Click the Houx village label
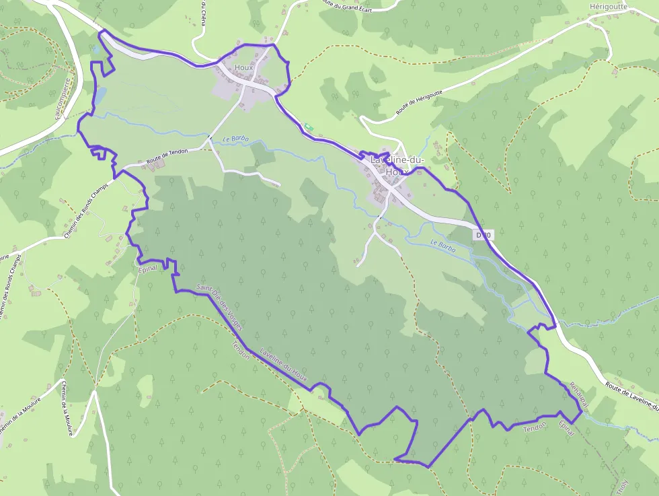click(x=243, y=67)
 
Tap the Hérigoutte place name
click(x=608, y=6)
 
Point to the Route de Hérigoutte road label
click(x=420, y=102)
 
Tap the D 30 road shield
click(x=483, y=235)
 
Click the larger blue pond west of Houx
click(x=99, y=96)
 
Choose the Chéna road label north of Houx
click(x=204, y=13)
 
